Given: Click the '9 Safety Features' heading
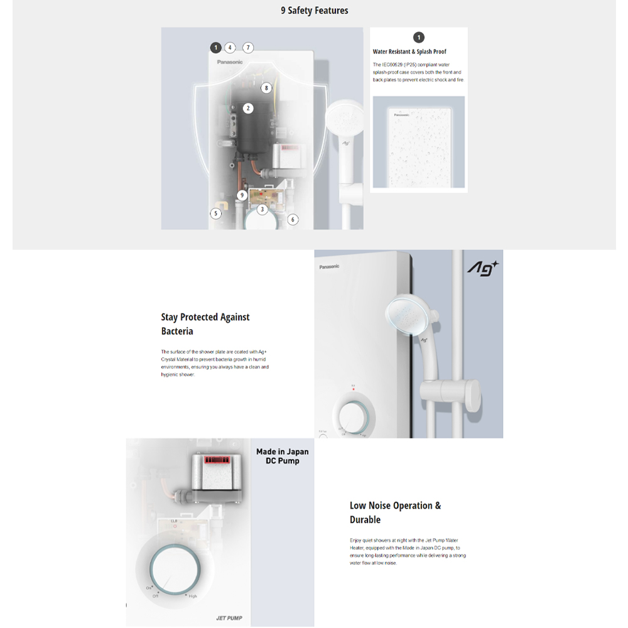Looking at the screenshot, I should click(x=314, y=11).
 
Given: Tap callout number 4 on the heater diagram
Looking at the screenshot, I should click(x=230, y=47).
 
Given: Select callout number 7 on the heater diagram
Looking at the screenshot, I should click(x=248, y=47).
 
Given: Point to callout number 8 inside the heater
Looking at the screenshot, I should click(x=266, y=88).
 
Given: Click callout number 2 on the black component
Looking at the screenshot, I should click(x=248, y=108).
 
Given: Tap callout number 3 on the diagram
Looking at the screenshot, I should click(x=263, y=209).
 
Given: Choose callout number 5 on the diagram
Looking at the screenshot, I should click(x=216, y=213).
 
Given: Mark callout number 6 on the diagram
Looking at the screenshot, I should click(x=293, y=219).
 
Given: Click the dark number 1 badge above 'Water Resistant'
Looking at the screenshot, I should click(x=419, y=38).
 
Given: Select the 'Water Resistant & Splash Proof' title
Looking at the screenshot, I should click(x=409, y=51).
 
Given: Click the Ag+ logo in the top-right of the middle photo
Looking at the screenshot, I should click(x=482, y=268).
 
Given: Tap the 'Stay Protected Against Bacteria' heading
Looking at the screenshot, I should click(x=205, y=324).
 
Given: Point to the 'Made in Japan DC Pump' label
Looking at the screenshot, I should click(x=282, y=456).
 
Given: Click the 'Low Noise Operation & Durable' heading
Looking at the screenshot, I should click(x=395, y=512).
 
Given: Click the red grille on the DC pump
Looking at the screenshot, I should click(x=218, y=459).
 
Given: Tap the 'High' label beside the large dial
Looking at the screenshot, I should click(x=193, y=596).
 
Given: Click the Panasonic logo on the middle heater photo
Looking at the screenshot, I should click(x=329, y=266).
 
